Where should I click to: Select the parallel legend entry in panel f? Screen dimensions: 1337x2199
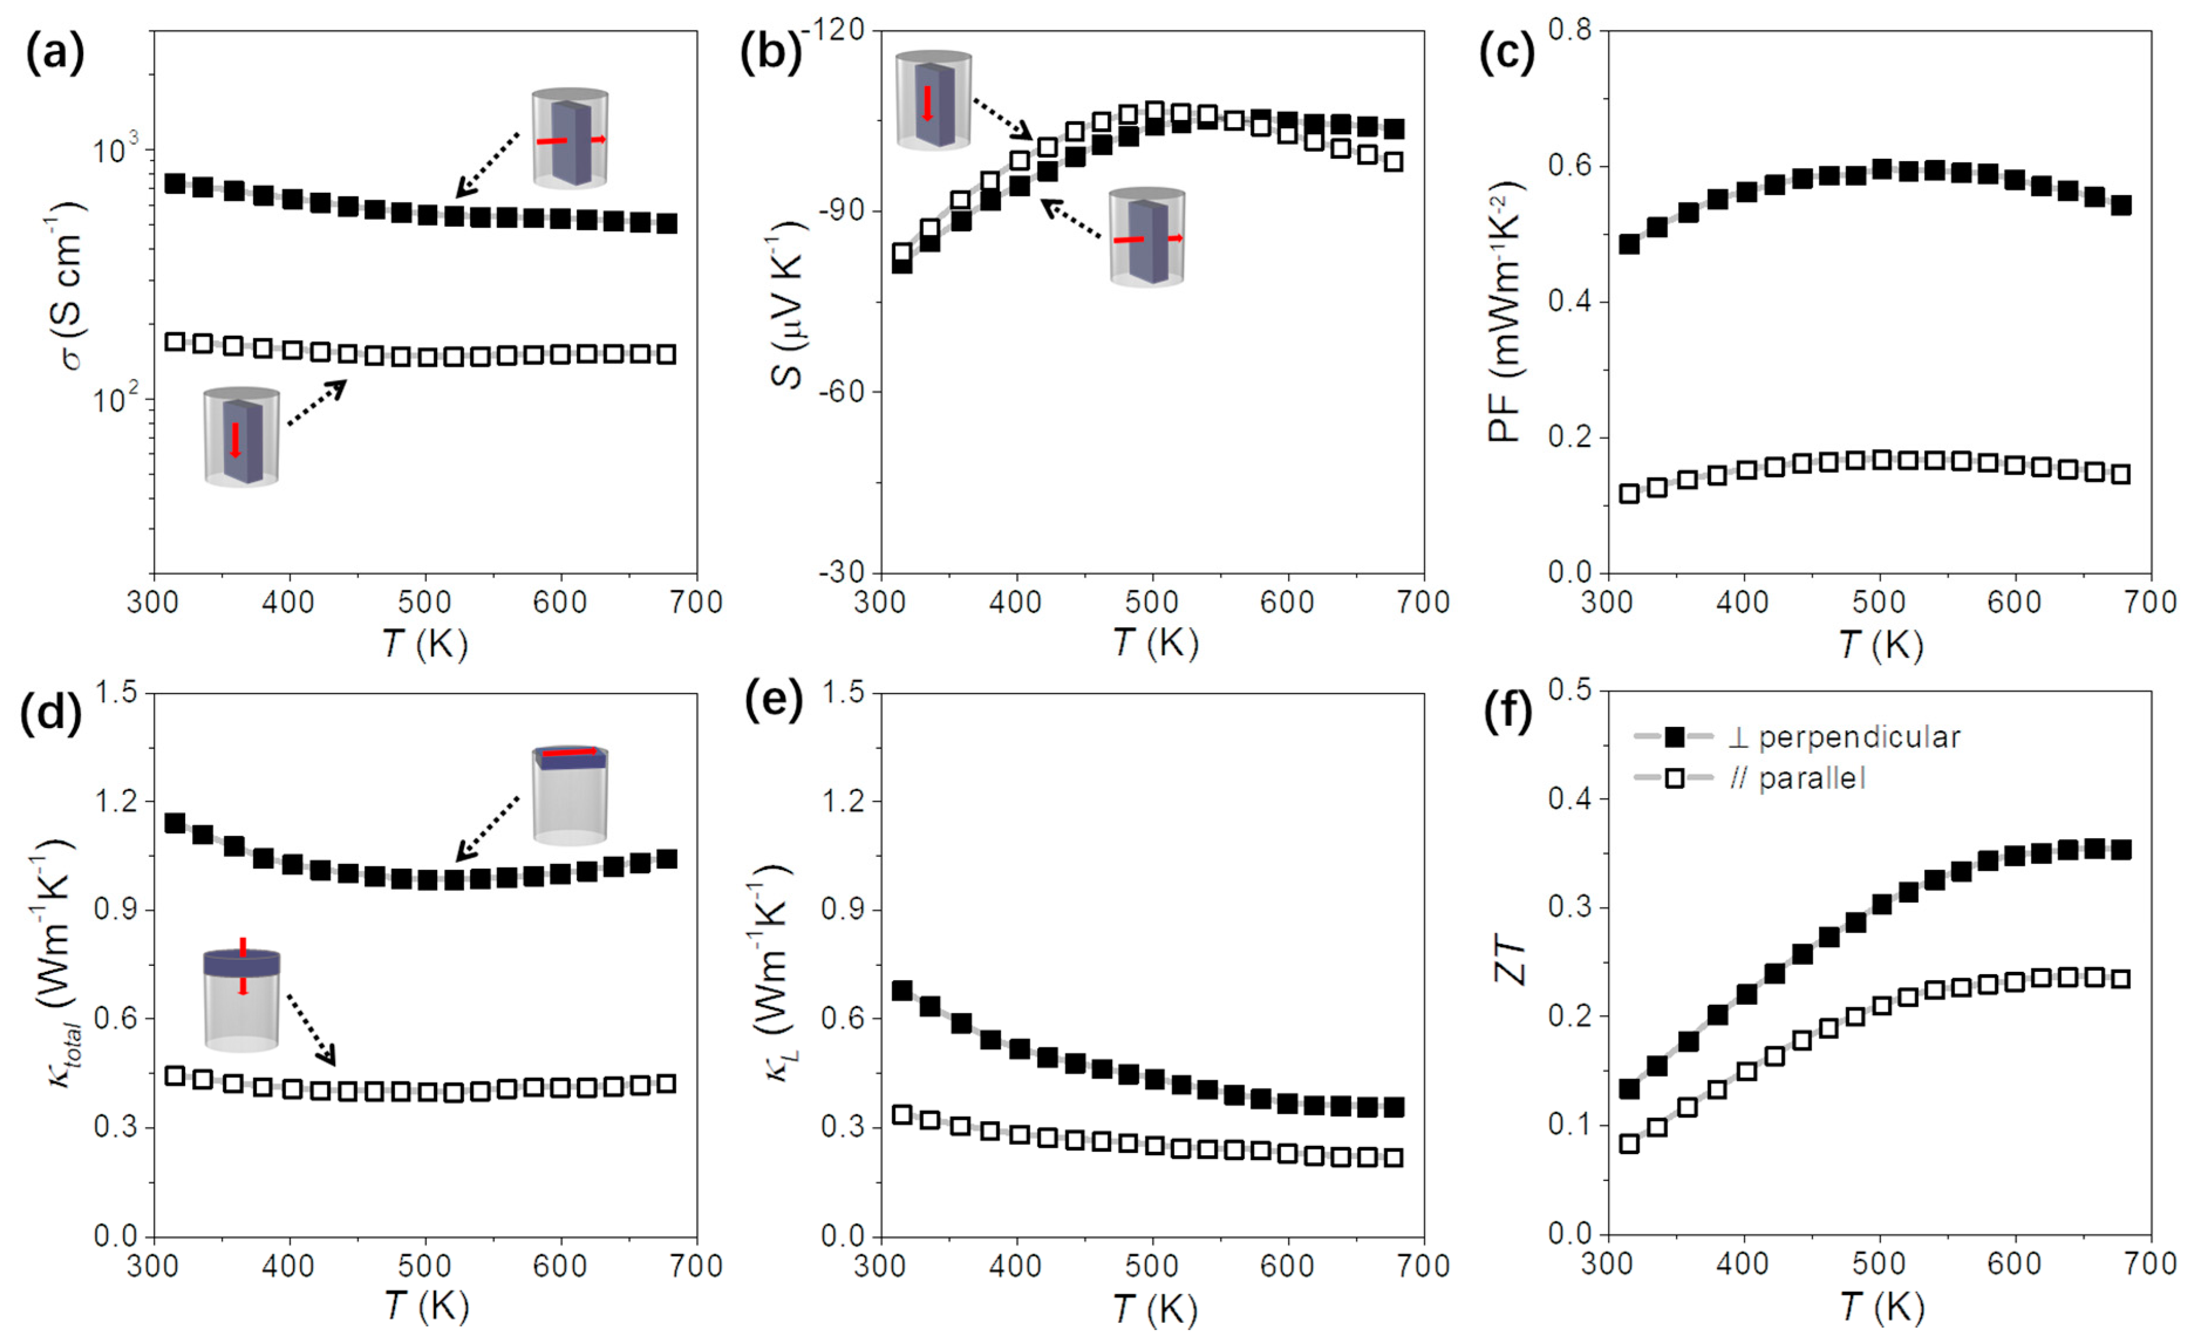point(1794,778)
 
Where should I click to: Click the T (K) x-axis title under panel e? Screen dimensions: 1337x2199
point(1154,1308)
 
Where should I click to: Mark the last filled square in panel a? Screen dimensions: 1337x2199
point(667,223)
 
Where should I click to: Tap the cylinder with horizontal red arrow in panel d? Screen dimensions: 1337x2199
point(570,794)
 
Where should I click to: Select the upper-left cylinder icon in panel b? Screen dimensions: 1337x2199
point(933,100)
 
